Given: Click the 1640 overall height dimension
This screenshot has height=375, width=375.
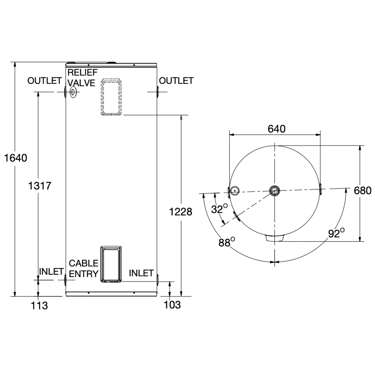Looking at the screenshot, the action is [x=16, y=158].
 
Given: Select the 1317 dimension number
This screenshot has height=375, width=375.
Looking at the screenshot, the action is [x=40, y=186].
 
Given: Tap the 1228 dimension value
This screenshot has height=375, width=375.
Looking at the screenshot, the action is [x=181, y=212].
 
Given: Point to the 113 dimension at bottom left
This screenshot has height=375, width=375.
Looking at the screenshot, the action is [x=40, y=305].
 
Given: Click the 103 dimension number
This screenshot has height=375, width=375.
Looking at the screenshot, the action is [x=172, y=305].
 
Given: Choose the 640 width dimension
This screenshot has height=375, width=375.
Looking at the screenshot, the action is [x=276, y=129].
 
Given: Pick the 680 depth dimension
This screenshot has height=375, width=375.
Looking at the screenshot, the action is [x=363, y=190].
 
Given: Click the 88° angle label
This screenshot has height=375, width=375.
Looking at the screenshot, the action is [x=227, y=242].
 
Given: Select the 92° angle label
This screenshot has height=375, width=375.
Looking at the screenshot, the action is [x=336, y=233].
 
